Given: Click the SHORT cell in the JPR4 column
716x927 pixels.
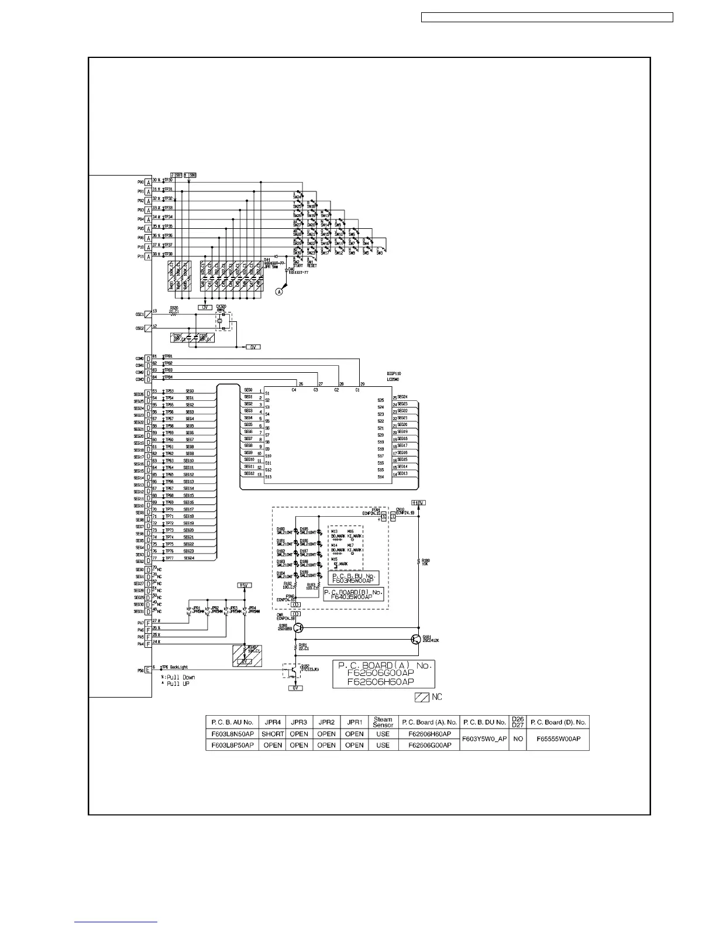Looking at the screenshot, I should click(x=273, y=734).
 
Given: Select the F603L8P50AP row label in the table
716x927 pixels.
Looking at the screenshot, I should click(x=232, y=745).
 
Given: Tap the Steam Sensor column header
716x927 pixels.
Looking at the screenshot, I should click(x=383, y=722).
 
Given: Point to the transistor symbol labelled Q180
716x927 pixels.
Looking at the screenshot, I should click(x=298, y=628).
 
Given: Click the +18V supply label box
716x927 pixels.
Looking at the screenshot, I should click(x=418, y=503).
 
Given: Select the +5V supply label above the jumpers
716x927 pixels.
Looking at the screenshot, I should click(x=244, y=585).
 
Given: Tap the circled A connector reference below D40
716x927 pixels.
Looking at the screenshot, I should click(x=280, y=290).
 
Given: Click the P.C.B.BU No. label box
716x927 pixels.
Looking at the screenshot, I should click(x=353, y=578).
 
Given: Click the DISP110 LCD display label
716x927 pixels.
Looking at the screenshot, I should click(x=394, y=376).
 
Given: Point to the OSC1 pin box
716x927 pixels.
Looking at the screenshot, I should click(x=148, y=315).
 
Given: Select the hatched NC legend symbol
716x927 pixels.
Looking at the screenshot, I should click(x=422, y=698).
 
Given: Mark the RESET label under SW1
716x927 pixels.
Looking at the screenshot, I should click(x=311, y=265).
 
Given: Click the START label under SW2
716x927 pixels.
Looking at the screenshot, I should click(x=297, y=265).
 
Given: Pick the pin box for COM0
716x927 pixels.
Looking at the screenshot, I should click(x=149, y=359).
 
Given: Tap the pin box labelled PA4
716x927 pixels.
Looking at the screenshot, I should click(x=149, y=644).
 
